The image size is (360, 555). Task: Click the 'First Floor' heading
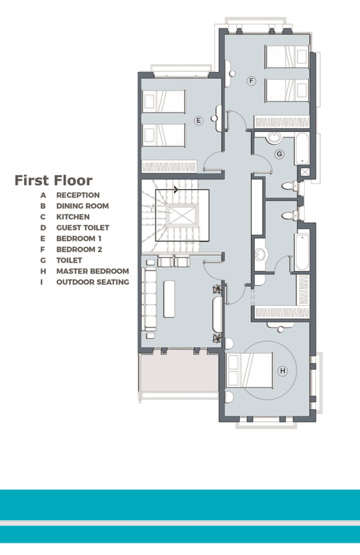point(53,180)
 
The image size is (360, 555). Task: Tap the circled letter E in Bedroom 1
point(199,121)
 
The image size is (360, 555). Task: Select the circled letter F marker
point(251,81)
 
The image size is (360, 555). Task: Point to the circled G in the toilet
point(280,154)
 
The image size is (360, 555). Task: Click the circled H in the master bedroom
point(282,371)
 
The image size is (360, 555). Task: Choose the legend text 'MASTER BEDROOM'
point(93,271)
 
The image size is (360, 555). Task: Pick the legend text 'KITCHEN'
point(73,216)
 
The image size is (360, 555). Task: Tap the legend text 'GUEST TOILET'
point(83,228)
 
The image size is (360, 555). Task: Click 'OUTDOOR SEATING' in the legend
point(93,282)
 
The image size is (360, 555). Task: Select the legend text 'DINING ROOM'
point(83,206)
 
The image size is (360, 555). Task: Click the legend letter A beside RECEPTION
point(43,195)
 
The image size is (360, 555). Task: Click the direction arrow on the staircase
point(176,189)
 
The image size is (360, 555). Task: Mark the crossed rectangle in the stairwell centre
point(182,216)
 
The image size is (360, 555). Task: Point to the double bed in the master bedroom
point(250,370)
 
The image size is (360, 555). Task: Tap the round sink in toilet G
point(273,137)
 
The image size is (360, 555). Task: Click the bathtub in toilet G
point(303,148)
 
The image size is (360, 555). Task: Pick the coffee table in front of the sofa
point(169,299)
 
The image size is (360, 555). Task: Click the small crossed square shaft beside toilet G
point(305,172)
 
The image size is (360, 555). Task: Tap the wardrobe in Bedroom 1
point(169,166)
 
